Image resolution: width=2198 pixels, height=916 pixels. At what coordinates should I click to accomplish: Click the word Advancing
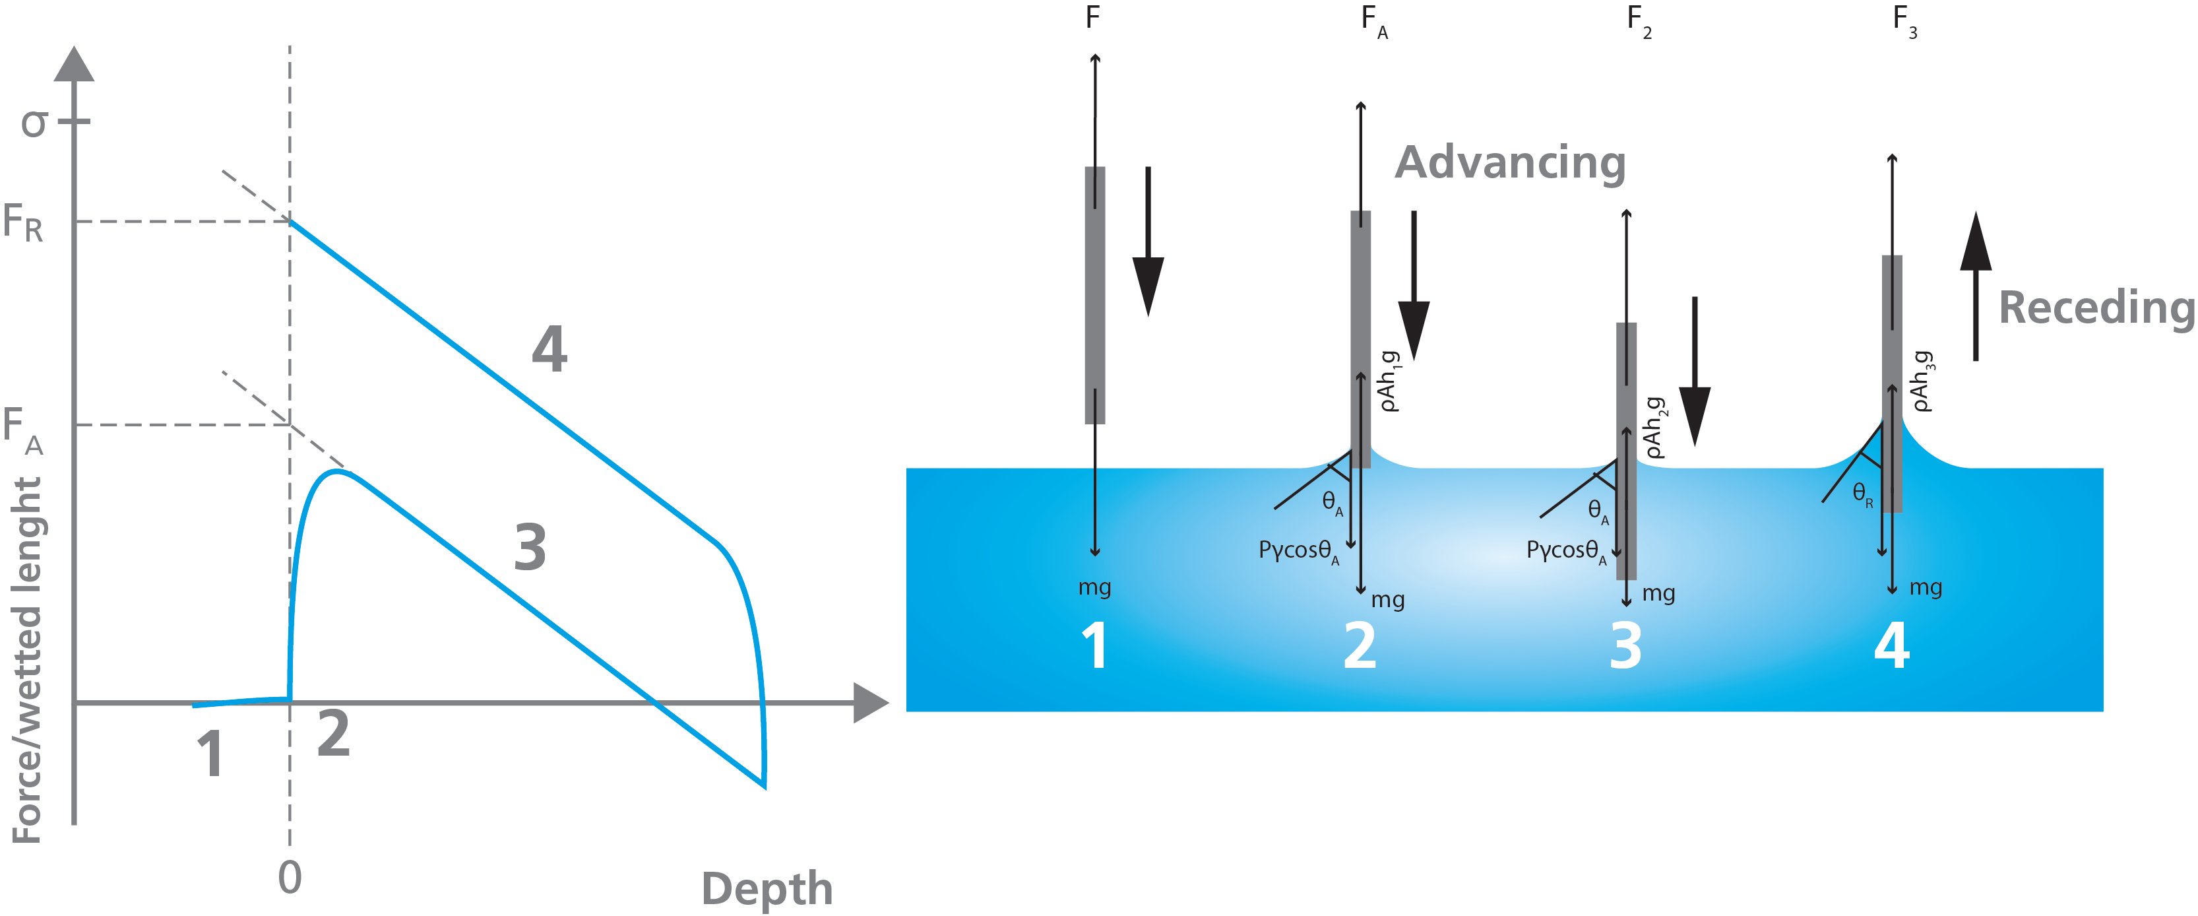(1509, 163)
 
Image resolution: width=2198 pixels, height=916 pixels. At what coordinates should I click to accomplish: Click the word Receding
(2096, 308)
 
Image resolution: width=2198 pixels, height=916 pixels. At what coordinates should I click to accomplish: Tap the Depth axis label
(767, 890)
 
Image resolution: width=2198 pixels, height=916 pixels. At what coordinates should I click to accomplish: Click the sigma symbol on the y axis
(35, 125)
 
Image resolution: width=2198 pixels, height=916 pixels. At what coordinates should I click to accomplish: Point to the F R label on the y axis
(23, 224)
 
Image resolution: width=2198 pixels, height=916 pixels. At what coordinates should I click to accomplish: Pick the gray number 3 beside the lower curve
(530, 548)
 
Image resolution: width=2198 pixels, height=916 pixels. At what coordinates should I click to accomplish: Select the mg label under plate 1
(1095, 587)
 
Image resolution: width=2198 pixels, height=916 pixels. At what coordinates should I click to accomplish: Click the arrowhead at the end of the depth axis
(870, 703)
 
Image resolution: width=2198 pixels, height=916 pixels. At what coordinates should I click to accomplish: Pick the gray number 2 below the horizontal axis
(332, 733)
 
